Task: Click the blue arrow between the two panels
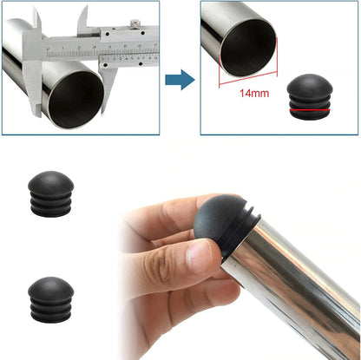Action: click(x=180, y=80)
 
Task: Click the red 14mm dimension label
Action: click(x=254, y=93)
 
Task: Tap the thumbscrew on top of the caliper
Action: click(x=135, y=23)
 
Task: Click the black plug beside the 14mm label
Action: click(x=310, y=96)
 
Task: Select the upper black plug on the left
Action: click(x=51, y=193)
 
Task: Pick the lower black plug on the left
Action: click(x=51, y=299)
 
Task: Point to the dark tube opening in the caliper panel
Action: click(x=75, y=99)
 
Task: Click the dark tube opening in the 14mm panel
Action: click(x=248, y=48)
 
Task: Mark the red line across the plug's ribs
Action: click(x=310, y=110)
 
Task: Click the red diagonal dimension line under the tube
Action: click(x=248, y=79)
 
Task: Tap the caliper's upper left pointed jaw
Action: click(x=37, y=20)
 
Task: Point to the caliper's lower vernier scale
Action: click(x=129, y=59)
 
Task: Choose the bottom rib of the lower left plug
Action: click(x=51, y=317)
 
